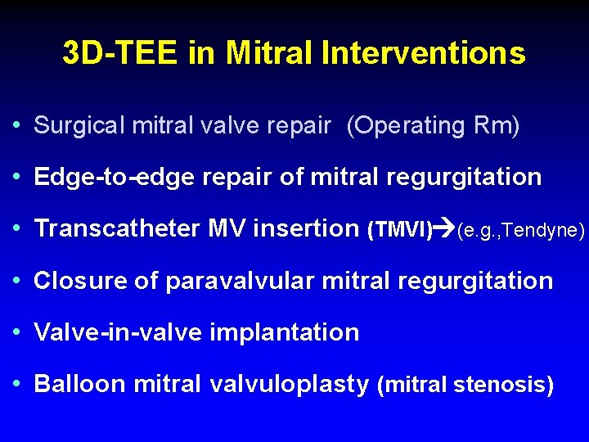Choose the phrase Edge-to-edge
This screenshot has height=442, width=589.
point(102,178)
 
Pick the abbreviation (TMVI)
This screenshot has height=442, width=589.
point(400,230)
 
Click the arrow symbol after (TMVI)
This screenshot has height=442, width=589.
point(445,230)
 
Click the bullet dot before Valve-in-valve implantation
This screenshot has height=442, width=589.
point(17,332)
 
